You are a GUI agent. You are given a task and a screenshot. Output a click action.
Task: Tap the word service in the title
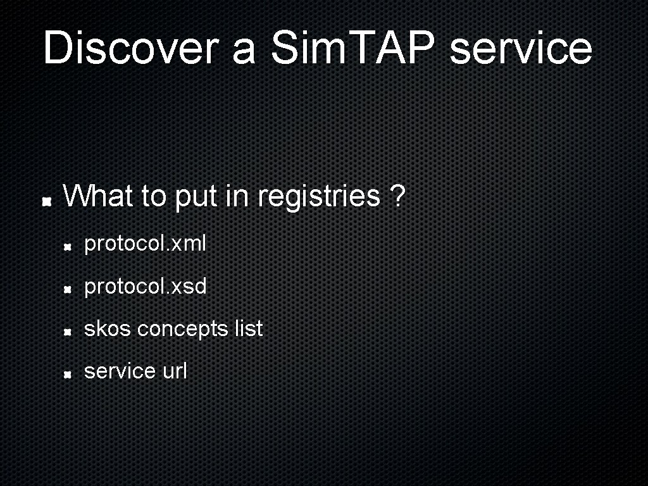pos(520,48)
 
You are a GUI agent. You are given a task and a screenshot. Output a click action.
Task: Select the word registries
pos(319,196)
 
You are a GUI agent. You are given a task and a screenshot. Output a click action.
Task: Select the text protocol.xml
pos(145,244)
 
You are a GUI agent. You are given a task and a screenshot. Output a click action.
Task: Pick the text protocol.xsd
pos(146,287)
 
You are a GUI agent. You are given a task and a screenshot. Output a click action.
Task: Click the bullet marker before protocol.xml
pos(66,247)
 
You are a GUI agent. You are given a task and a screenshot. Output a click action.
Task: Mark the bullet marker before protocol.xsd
pos(66,290)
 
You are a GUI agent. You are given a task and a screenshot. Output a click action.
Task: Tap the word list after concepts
pos(248,328)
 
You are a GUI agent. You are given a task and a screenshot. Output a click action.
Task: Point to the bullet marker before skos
pos(66,332)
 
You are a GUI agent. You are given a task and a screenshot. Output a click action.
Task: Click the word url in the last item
pos(175,371)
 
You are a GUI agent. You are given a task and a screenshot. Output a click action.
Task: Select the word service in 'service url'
pos(120,371)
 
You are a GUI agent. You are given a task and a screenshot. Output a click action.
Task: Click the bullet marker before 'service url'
pos(66,375)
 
